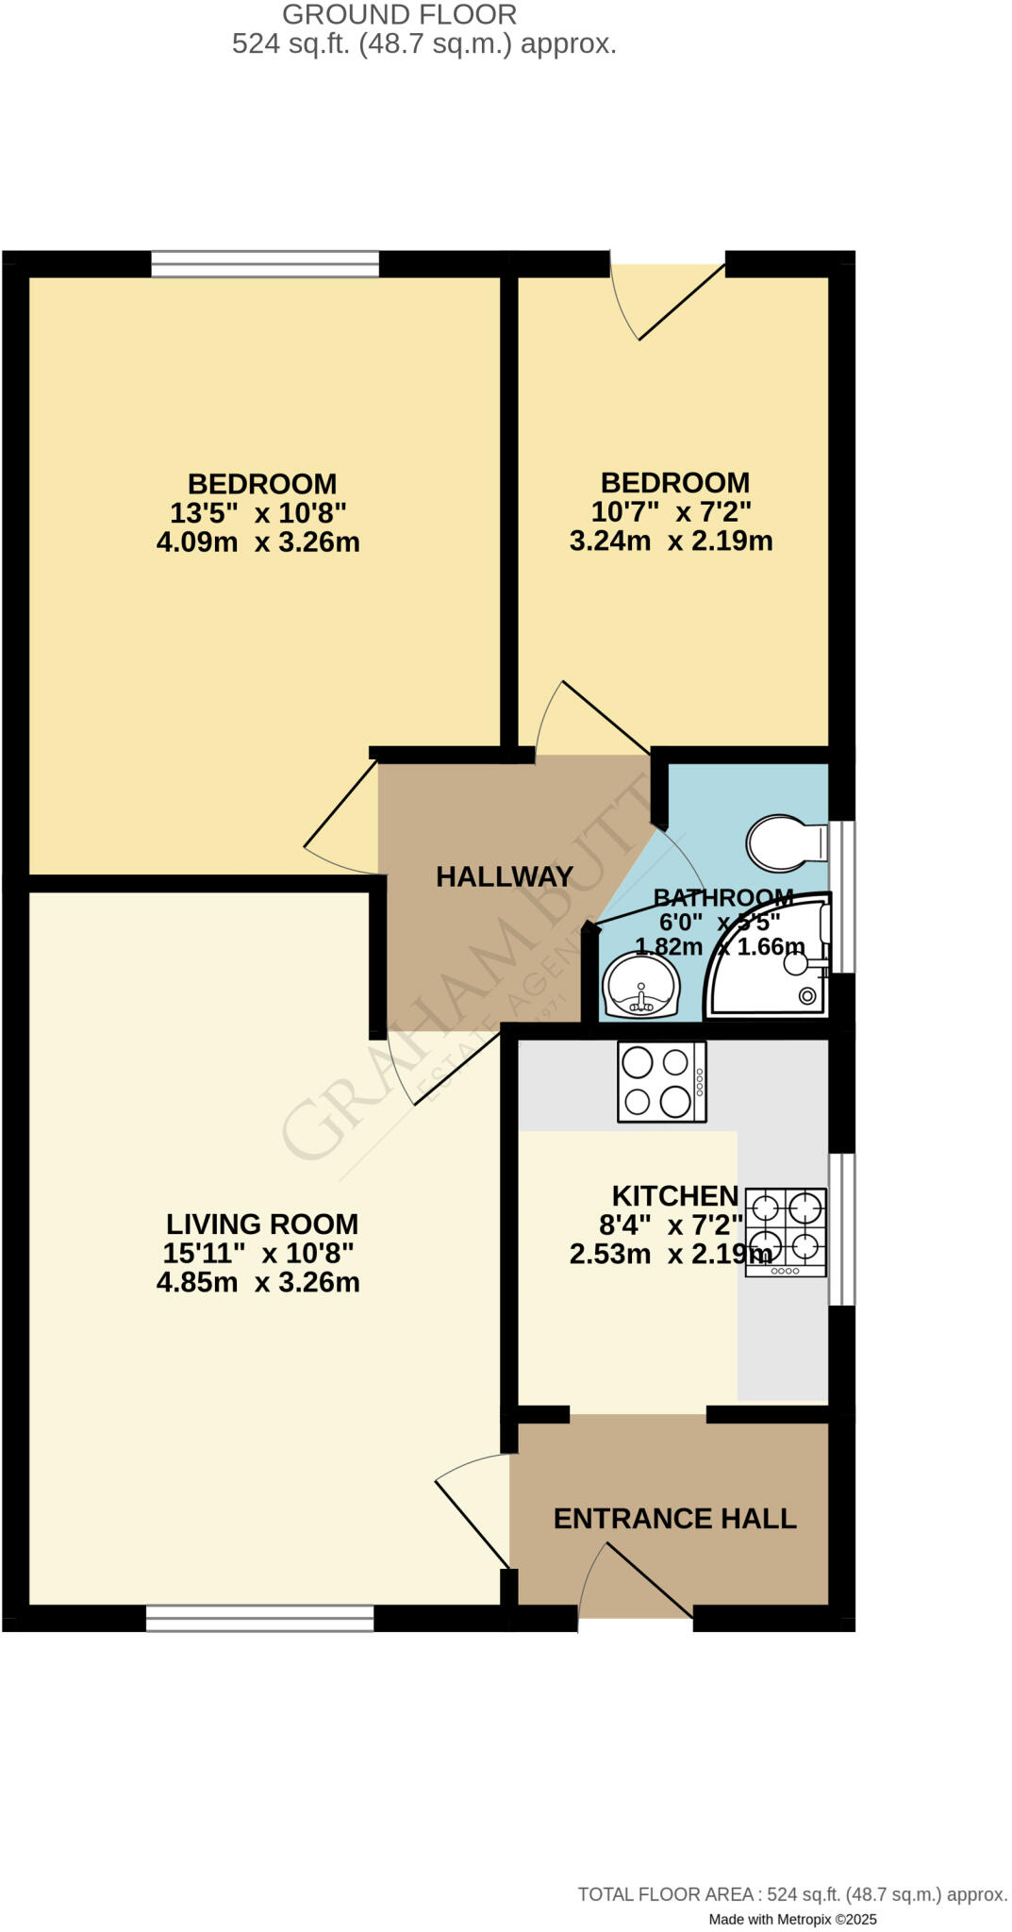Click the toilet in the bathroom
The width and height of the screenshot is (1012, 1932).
783,842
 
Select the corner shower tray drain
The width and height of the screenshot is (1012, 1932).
807,995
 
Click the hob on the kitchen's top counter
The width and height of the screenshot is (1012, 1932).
661,1081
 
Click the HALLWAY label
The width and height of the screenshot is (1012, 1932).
505,877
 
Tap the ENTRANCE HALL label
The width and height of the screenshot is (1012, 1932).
674,1519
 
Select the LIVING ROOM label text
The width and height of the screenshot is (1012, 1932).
262,1224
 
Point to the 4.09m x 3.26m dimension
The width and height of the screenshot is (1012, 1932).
258,542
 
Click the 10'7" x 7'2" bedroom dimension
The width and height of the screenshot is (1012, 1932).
672,512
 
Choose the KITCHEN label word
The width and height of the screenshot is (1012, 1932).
675,1196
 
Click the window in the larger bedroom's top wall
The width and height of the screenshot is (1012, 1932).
265,264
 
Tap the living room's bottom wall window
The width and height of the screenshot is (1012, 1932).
260,1618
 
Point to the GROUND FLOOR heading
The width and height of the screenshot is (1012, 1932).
399,15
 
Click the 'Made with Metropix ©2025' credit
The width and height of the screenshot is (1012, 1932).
792,1919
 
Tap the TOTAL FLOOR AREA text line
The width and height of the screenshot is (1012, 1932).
792,1894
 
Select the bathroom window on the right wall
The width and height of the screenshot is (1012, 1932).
847,896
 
